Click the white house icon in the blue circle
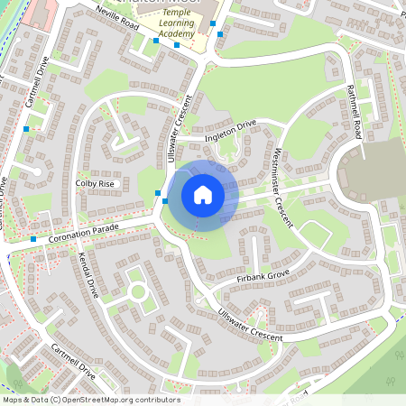coord(203,194)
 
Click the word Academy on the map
coord(176,34)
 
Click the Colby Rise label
coord(95,183)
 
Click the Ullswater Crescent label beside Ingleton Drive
coord(187,125)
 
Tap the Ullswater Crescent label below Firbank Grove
coord(249,326)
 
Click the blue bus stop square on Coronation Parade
coord(33,239)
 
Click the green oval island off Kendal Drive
coord(138,291)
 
